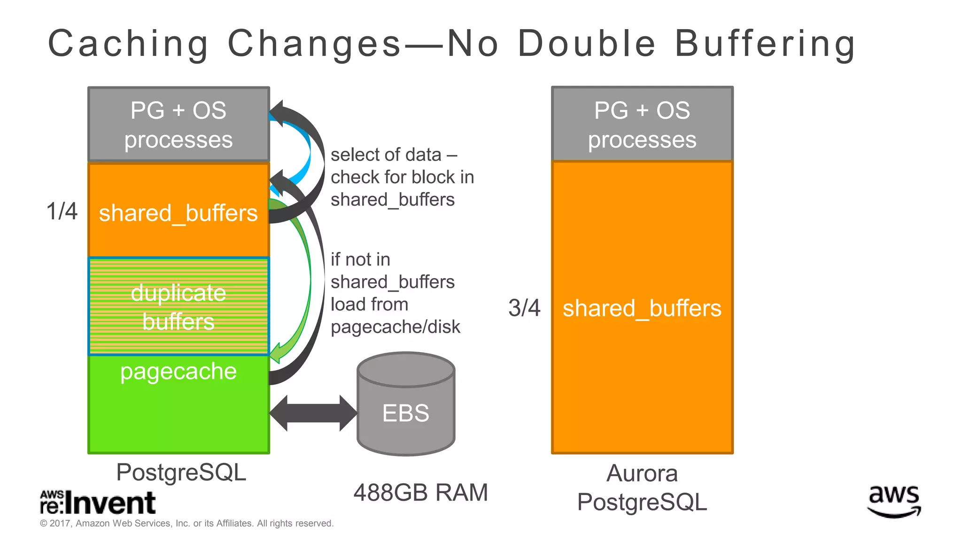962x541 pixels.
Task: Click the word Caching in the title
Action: click(128, 44)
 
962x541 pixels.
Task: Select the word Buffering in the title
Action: click(765, 44)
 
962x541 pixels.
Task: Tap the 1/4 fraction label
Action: click(62, 211)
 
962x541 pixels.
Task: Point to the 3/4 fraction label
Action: click(524, 308)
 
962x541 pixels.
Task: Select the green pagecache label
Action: click(178, 371)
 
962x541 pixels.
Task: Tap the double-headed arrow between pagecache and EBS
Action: click(313, 413)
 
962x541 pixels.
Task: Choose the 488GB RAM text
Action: click(420, 493)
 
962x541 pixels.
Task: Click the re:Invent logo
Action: click(98, 502)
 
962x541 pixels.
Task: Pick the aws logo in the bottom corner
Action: click(894, 501)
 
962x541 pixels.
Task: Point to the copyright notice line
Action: click(186, 524)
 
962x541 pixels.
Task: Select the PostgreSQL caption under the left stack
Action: click(181, 472)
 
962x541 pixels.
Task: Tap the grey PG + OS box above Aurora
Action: click(642, 124)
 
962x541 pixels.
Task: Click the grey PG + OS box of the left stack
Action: click(178, 124)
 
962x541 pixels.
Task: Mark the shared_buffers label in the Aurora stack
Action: click(642, 309)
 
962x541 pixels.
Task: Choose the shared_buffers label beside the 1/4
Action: click(178, 213)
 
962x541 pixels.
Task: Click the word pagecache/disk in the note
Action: click(396, 327)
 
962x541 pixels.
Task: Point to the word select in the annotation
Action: click(353, 155)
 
